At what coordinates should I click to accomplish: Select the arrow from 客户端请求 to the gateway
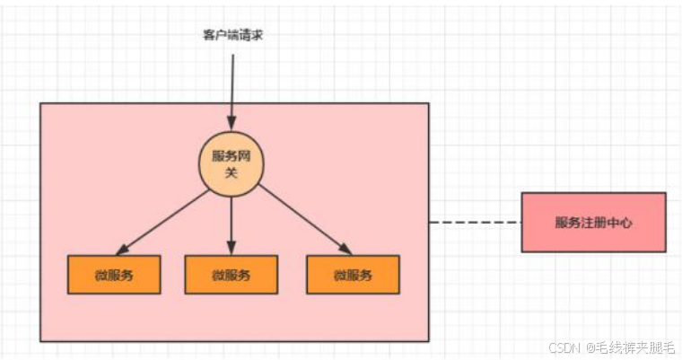(232, 90)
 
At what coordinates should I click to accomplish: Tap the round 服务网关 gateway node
(231, 162)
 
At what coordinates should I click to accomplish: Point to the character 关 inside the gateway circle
(231, 172)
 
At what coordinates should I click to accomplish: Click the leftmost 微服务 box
(114, 275)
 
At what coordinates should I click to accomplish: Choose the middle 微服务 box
(231, 275)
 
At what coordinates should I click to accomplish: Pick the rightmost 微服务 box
(352, 275)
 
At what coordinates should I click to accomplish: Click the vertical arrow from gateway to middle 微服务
(231, 220)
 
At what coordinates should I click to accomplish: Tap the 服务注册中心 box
(593, 222)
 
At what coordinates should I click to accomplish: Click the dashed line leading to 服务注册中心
(475, 222)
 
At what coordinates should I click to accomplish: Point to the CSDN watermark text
(563, 346)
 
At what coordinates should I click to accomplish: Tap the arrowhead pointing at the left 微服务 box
(121, 250)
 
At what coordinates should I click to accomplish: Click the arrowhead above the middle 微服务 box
(231, 248)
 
